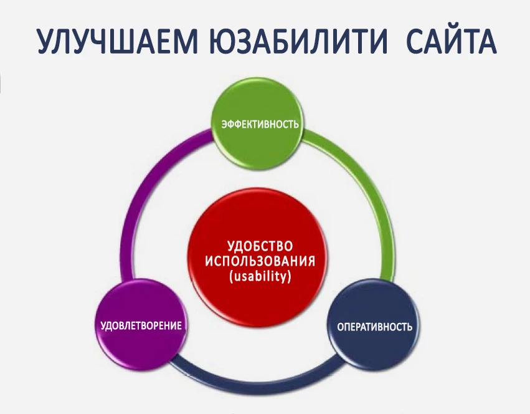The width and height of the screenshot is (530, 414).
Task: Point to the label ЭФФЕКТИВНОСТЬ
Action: click(260, 123)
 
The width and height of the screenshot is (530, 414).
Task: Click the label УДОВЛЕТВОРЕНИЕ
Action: click(141, 325)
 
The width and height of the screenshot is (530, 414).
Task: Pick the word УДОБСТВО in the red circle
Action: click(259, 245)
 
